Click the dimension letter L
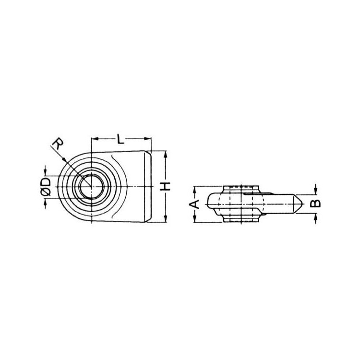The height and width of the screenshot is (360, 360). pos(120,139)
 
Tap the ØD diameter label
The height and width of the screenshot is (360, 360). pos(46,186)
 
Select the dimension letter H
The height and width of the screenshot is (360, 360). pos(165,186)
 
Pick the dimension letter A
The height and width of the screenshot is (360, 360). pos(194,204)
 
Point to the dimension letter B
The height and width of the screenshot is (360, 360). pos(315,203)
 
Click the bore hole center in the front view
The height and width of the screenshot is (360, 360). pos(92,187)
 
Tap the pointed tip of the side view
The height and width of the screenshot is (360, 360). pos(303,204)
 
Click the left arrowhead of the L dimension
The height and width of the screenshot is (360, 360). pos(95,139)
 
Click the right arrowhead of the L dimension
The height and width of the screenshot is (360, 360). pos(148,139)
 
